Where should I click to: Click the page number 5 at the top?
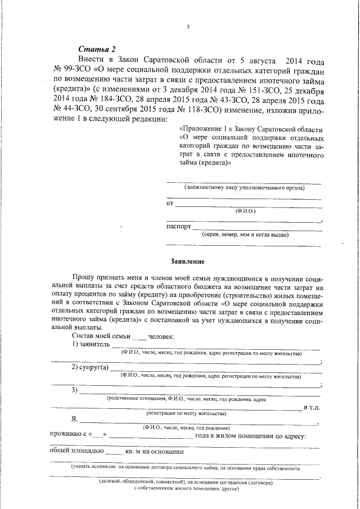click(188, 26)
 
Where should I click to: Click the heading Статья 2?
click(96, 48)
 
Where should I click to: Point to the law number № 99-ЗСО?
click(72, 69)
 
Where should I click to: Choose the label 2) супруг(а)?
click(89, 367)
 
